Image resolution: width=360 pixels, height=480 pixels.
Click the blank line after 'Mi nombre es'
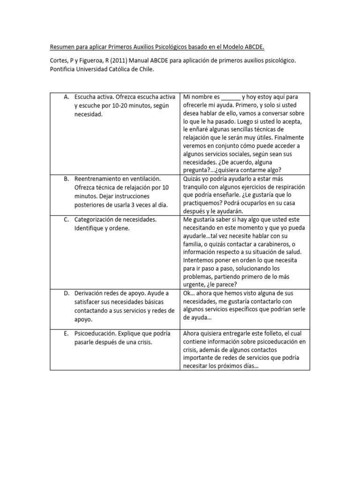point(230,97)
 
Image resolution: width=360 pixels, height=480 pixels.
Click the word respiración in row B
point(285,187)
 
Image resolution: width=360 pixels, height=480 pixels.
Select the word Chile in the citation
point(144,69)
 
